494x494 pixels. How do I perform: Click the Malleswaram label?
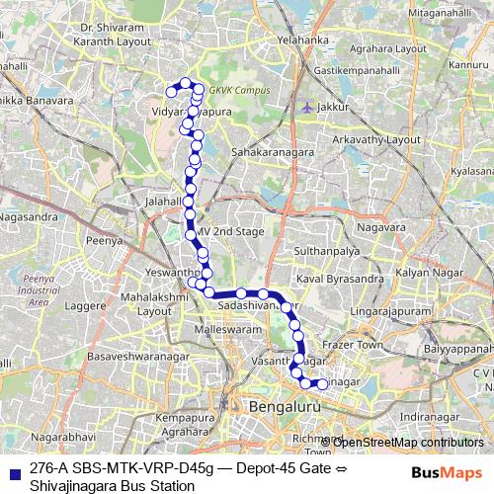(224, 327)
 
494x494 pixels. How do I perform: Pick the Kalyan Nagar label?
(423, 271)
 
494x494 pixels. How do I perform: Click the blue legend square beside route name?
(13, 471)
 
